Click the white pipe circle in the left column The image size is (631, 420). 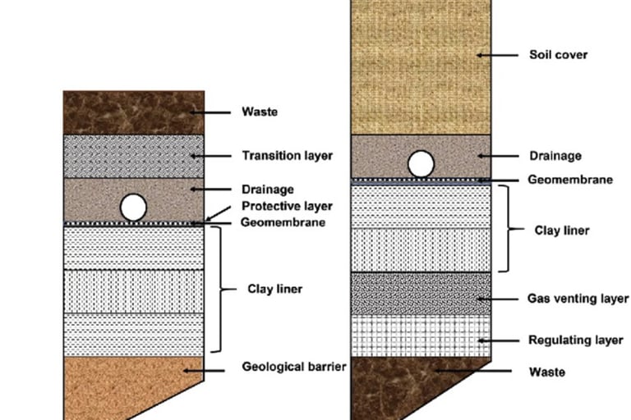coord(134,207)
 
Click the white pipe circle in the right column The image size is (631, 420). coord(421,164)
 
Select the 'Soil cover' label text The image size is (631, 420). coord(558,55)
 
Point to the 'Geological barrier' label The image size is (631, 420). coord(293,366)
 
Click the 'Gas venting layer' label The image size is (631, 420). coord(578,299)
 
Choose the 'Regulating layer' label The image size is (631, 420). coord(575,340)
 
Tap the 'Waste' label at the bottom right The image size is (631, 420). coord(546,372)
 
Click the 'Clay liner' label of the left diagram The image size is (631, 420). coord(275,289)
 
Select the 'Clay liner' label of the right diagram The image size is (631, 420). coord(562,231)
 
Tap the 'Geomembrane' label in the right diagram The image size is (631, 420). coord(570,180)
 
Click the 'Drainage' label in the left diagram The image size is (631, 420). coord(262,189)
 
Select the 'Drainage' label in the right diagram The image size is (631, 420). coord(555,155)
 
